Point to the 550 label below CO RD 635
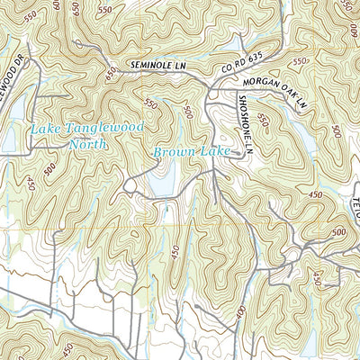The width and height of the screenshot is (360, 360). pos(300,60)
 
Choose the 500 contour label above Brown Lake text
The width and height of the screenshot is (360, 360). pos(187,112)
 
